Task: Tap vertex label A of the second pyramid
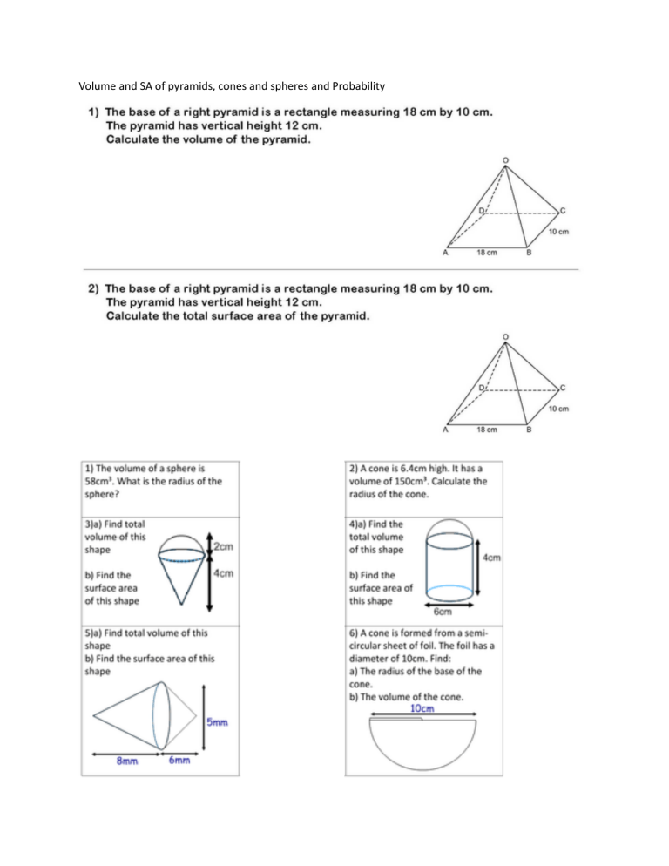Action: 446,429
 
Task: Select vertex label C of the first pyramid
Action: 564,210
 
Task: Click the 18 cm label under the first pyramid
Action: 486,254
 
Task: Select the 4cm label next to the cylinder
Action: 491,558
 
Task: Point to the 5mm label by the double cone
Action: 218,721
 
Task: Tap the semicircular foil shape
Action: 422,744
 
